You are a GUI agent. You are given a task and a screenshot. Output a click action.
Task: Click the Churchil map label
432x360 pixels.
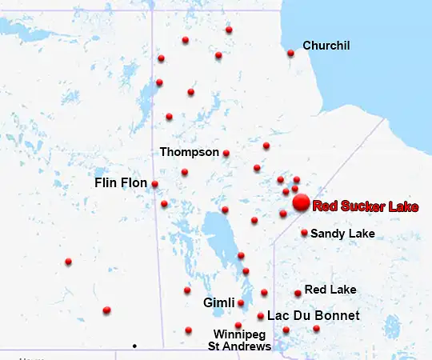click(x=326, y=46)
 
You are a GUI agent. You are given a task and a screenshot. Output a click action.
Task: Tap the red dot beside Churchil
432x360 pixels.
click(x=290, y=54)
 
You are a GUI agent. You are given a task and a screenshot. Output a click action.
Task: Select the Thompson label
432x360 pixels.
click(x=189, y=151)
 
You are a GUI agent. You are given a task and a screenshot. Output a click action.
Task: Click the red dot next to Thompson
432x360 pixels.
click(x=226, y=153)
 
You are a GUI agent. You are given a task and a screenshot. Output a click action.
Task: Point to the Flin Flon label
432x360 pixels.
click(x=121, y=183)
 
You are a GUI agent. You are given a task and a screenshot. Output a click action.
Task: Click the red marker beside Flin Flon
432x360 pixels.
click(x=154, y=184)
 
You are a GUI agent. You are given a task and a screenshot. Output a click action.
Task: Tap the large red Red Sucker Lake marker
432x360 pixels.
click(x=301, y=203)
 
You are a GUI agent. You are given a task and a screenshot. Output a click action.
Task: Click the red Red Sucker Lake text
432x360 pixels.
click(x=365, y=206)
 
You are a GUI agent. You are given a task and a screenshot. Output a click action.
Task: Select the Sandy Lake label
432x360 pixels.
click(x=342, y=234)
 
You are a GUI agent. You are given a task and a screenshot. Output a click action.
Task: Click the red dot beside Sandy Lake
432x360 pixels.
click(x=304, y=233)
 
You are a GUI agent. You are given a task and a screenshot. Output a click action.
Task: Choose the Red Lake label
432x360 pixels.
click(x=330, y=289)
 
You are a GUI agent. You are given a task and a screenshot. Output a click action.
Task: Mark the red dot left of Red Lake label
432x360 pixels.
click(x=298, y=294)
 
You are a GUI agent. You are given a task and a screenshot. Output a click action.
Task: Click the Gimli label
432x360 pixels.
click(x=218, y=303)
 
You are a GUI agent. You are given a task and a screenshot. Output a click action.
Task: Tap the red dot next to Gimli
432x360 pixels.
click(x=241, y=303)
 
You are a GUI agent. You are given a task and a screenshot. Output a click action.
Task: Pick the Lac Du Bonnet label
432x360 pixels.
click(x=313, y=316)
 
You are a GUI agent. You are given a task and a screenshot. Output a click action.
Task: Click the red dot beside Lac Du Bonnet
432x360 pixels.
click(x=261, y=316)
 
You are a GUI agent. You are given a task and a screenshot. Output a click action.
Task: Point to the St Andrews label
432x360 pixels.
click(x=239, y=346)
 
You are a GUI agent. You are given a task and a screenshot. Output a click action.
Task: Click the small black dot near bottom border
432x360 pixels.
click(x=134, y=346)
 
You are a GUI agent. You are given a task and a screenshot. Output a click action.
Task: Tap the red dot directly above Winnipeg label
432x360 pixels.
click(x=238, y=325)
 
